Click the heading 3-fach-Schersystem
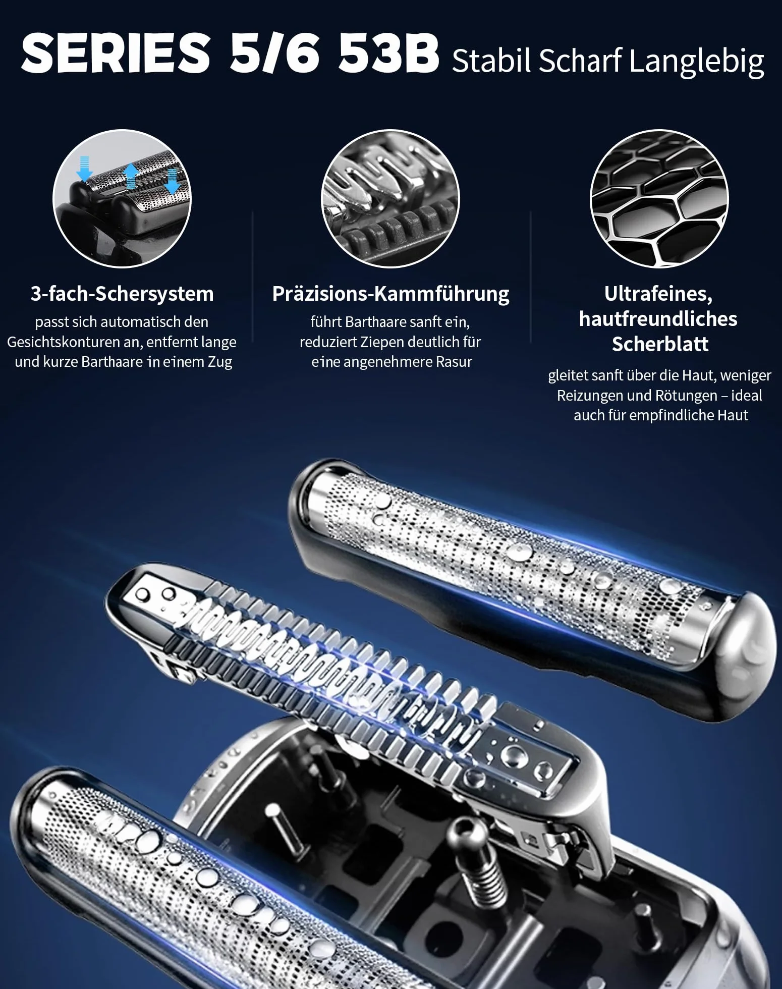pos(122,294)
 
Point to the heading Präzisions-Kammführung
pos(391,294)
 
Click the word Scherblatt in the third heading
pos(660,344)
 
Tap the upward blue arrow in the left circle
pos(131,176)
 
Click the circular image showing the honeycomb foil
pos(659,199)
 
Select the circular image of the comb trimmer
pos(390,199)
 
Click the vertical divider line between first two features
pos(252,278)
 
